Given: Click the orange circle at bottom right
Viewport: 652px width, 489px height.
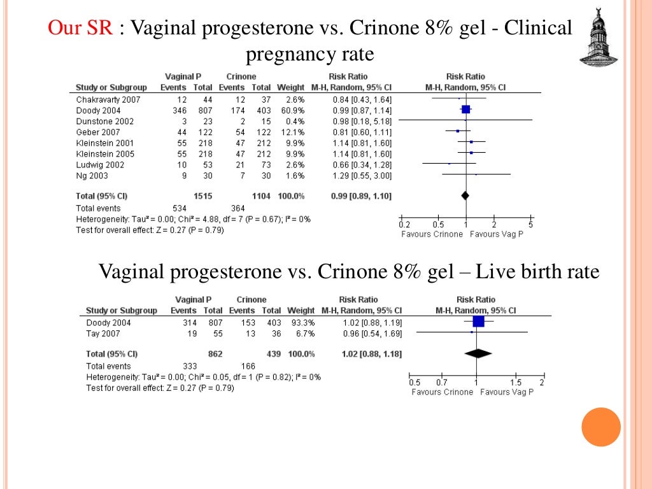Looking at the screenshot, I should point(601,427).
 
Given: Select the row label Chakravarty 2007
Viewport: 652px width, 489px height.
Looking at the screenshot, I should point(108,99).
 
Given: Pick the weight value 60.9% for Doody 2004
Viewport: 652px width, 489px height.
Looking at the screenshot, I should point(293,110).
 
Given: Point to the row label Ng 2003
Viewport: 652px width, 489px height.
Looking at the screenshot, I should point(92,175).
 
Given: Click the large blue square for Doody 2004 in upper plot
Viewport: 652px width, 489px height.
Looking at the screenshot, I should point(465,110).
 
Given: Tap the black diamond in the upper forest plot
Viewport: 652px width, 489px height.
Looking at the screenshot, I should point(465,195).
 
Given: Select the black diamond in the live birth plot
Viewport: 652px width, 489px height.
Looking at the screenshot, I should point(478,353).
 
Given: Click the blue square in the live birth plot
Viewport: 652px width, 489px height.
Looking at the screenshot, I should point(478,322).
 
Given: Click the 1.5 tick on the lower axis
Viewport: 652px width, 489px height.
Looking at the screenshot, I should point(515,382).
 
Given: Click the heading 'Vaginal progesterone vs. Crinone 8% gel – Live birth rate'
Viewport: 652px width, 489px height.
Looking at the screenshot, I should point(349,272).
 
